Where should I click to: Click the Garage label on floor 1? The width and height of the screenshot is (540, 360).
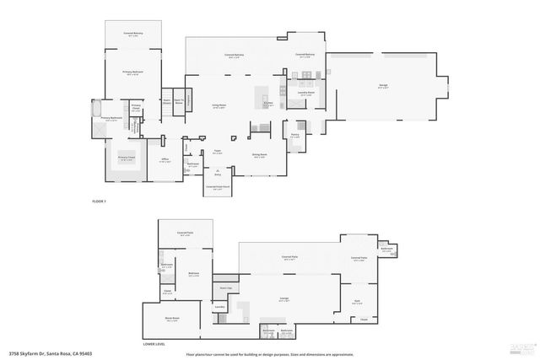[x=383, y=86]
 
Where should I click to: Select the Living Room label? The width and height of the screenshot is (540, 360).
[x=218, y=106]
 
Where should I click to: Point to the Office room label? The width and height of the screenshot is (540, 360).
[x=165, y=159]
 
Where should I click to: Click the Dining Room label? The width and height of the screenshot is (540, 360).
[x=259, y=155]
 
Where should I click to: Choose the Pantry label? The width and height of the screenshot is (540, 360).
[x=294, y=136]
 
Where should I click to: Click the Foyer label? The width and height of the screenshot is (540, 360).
[x=217, y=153]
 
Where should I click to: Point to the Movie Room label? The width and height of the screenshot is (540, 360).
[x=171, y=320]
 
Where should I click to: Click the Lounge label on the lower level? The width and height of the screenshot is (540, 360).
[x=284, y=299]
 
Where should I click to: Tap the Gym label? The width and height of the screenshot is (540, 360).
[x=356, y=302]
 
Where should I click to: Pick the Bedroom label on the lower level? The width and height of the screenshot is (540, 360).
[x=193, y=274]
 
